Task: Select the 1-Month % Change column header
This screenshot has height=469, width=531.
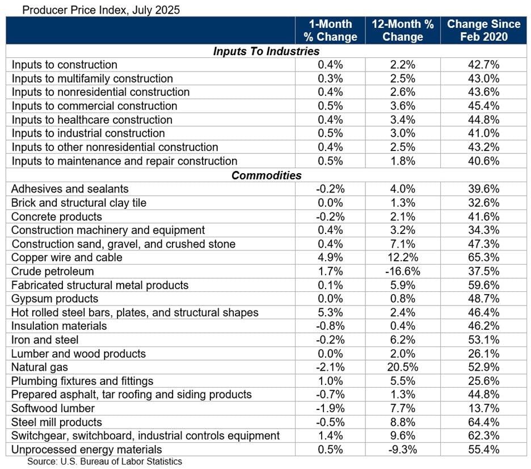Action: (330, 31)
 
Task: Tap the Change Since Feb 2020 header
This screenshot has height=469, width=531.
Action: (483, 31)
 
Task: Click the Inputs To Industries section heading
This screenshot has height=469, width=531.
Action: (266, 51)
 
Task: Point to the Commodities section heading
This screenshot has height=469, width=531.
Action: (266, 175)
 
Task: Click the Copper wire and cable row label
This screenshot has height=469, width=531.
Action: (67, 258)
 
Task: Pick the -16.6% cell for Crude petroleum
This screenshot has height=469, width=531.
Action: (403, 271)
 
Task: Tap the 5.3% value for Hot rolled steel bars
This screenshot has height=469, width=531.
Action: (330, 312)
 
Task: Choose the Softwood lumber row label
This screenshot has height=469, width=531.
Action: (53, 408)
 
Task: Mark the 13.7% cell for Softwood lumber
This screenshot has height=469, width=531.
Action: (483, 408)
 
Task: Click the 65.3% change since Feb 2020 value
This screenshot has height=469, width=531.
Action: (483, 258)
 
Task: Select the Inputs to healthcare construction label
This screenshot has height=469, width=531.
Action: (92, 120)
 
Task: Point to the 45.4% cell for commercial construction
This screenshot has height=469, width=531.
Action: (483, 106)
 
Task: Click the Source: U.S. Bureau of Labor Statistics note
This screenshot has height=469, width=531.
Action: (105, 462)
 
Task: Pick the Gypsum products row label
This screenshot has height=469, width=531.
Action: (55, 299)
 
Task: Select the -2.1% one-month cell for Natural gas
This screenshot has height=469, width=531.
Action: (330, 367)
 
